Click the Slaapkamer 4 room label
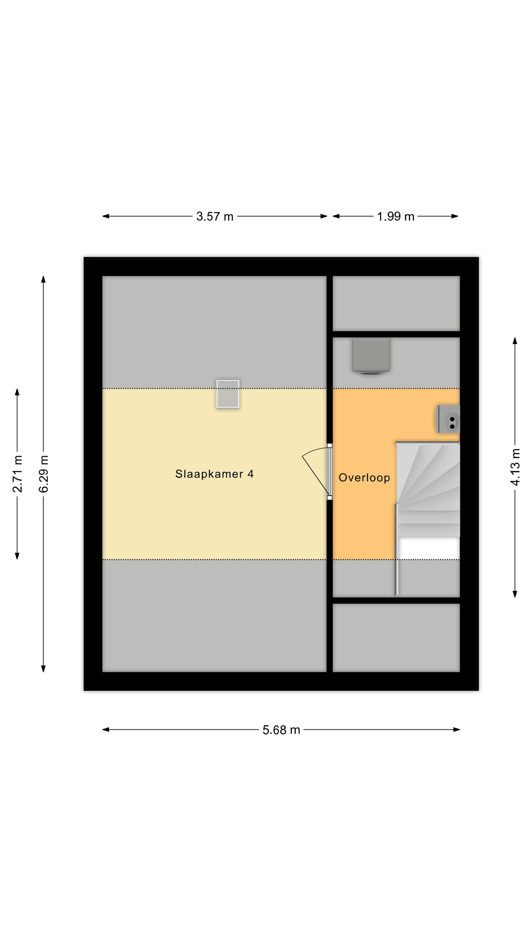[x=214, y=474]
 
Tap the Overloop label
[x=364, y=477]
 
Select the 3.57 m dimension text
[x=214, y=216]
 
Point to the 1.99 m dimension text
[x=396, y=216]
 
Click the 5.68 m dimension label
[x=281, y=730]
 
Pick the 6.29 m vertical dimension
[x=43, y=474]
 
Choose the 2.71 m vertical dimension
[x=17, y=474]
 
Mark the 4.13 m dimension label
[x=515, y=467]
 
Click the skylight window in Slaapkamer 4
[x=228, y=394]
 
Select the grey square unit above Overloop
[x=371, y=356]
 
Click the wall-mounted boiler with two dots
[x=448, y=419]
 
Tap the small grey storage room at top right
[x=396, y=303]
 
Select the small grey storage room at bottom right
[x=396, y=638]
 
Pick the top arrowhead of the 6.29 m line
[x=43, y=279]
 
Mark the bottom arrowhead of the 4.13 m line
[x=515, y=594]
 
